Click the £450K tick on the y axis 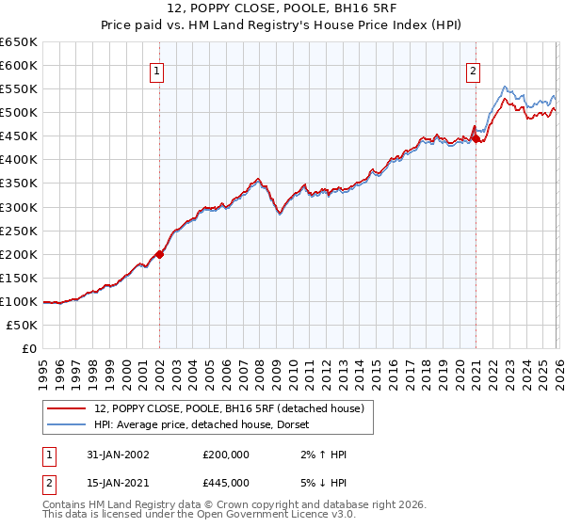19,136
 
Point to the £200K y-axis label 19,254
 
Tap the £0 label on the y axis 28,348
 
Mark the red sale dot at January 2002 160,253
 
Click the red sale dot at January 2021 476,138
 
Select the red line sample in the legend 68,407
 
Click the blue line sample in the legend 68,423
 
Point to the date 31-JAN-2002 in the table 112,455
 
